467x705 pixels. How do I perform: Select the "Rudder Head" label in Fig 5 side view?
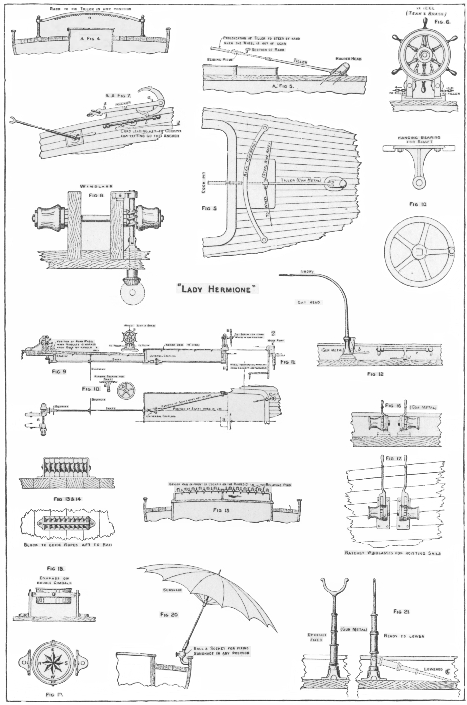click(x=348, y=59)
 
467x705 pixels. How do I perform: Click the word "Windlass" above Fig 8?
click(x=96, y=186)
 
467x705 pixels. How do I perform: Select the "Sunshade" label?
click(x=172, y=590)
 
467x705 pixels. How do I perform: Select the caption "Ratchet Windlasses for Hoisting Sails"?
click(x=393, y=553)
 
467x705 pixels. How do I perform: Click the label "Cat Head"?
click(x=308, y=302)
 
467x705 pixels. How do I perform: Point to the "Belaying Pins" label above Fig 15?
click(x=278, y=485)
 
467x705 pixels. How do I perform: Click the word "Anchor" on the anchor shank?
click(x=123, y=103)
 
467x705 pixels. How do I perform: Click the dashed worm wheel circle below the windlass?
click(x=132, y=292)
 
